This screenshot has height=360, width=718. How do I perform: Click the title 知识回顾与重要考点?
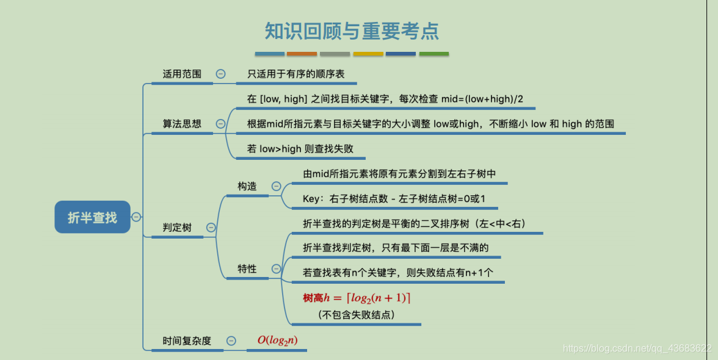click(x=352, y=31)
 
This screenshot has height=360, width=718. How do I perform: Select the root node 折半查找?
click(x=92, y=217)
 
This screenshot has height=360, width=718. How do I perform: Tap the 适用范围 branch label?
click(x=182, y=74)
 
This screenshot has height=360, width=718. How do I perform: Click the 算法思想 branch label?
click(x=182, y=123)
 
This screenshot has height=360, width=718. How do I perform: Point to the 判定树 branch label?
click(x=177, y=228)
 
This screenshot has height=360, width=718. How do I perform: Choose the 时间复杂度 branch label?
click(x=187, y=341)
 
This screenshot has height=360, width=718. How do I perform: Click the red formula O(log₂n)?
click(x=277, y=340)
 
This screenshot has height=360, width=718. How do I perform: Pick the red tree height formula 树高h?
click(x=357, y=298)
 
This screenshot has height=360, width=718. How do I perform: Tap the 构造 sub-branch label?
click(x=247, y=186)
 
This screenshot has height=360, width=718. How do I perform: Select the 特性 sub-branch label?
click(x=247, y=268)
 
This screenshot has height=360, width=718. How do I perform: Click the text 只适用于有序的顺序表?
click(x=296, y=74)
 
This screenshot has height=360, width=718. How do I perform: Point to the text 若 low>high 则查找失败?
click(x=300, y=148)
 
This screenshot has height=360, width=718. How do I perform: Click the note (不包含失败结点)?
click(x=357, y=315)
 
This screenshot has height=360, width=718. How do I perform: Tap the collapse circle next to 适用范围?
click(x=221, y=74)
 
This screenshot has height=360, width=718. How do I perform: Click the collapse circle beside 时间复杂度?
click(x=231, y=341)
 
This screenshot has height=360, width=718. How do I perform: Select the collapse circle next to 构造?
click(x=276, y=186)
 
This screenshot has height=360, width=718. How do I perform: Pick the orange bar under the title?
click(x=302, y=54)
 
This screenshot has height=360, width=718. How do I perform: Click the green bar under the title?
click(x=433, y=54)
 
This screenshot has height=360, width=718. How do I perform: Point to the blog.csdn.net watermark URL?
click(x=637, y=348)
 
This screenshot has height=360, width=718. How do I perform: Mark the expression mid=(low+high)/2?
click(x=482, y=98)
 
